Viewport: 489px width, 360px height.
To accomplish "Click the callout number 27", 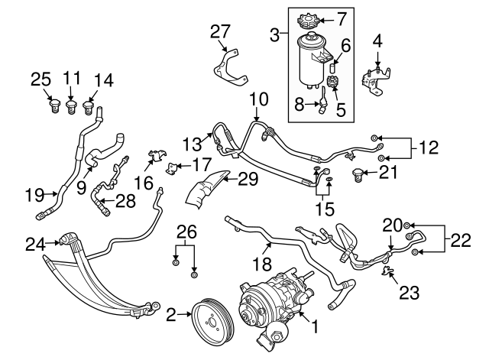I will click(x=220, y=31).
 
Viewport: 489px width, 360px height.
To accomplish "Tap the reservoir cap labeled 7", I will click(x=306, y=18).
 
